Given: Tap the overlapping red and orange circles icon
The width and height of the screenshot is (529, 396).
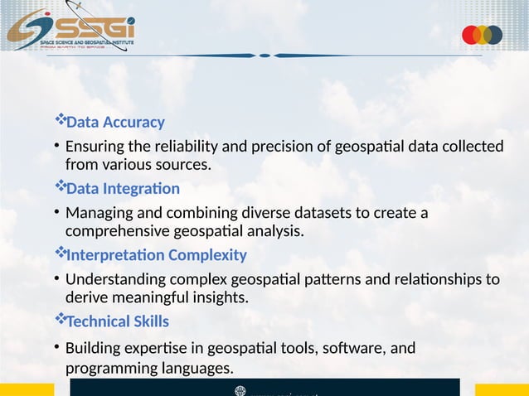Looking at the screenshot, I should pos(482,35).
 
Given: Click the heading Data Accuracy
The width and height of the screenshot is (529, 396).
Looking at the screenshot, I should pos(115,123).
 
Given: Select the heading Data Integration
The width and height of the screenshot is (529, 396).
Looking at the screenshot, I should pos(122,189).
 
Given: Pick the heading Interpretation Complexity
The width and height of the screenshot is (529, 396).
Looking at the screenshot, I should pos(156,255).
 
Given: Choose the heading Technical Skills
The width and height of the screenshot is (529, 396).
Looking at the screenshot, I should pos(117,321).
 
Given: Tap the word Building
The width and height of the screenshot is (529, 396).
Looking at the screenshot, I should pos(93,348).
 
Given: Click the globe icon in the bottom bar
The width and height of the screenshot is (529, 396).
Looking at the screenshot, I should pos(240,390).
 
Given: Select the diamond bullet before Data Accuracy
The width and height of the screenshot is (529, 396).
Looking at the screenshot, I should pos(59,121).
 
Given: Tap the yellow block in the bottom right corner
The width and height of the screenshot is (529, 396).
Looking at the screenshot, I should pos(501,389).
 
